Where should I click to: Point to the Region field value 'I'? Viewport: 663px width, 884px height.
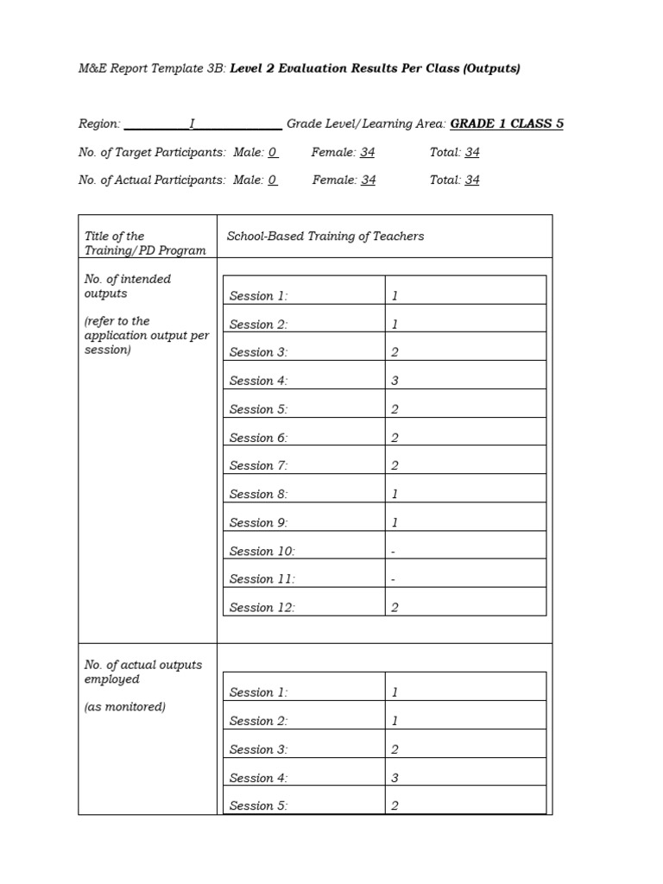(192, 123)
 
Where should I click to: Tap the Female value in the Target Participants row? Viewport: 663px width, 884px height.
(368, 152)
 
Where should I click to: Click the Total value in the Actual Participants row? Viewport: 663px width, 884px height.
(472, 180)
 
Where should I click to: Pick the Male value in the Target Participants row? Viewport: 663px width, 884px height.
(273, 152)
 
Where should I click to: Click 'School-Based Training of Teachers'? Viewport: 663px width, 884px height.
(325, 236)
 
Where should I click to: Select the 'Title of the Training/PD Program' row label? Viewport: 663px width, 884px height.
(145, 243)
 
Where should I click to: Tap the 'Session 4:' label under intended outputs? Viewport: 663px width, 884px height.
(258, 381)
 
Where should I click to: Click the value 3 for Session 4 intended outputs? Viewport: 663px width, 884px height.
(395, 381)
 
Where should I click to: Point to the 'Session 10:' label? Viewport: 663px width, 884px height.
(262, 551)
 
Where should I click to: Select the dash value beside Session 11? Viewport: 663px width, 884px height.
(394, 579)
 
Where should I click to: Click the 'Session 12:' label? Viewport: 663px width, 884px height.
(262, 608)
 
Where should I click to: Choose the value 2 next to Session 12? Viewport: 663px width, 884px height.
(395, 608)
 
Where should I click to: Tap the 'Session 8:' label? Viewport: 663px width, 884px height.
(258, 494)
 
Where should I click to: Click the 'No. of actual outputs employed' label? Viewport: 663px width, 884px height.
(142, 672)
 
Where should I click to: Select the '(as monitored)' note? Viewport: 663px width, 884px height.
(125, 706)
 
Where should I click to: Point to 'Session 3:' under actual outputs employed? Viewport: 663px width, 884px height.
(258, 749)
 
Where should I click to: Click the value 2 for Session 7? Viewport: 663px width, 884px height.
(395, 465)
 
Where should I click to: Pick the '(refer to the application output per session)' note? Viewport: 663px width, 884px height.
(146, 335)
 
